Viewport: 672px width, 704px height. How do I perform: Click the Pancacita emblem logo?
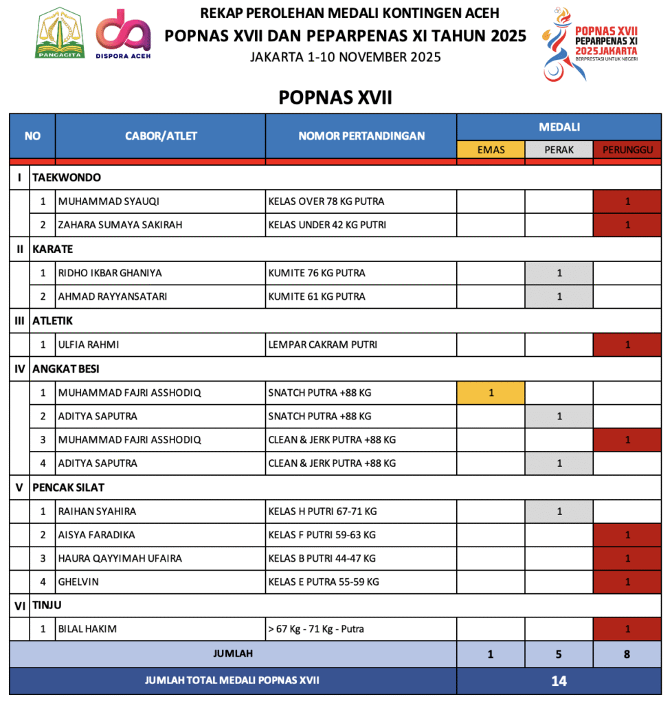[x=60, y=34]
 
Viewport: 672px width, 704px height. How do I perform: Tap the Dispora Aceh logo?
[x=123, y=34]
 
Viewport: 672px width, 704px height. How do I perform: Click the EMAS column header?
[x=491, y=149]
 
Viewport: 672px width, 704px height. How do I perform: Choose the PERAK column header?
[x=559, y=149]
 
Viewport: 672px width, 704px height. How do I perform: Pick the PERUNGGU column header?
[x=627, y=149]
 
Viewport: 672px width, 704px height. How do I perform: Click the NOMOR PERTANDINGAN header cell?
[x=361, y=136]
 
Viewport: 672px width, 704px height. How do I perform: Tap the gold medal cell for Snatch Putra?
[x=491, y=393]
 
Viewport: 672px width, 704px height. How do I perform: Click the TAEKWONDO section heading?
[x=67, y=177]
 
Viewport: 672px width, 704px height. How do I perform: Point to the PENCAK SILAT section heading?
[x=68, y=487]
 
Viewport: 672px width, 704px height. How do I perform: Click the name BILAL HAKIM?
[x=87, y=629]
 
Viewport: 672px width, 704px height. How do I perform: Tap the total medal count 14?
[x=559, y=681]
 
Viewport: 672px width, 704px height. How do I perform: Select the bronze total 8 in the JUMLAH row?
[x=627, y=654]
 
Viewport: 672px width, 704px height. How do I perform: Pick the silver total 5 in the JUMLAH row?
[x=559, y=654]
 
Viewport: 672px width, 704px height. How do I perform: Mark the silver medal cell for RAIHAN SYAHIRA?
[x=559, y=511]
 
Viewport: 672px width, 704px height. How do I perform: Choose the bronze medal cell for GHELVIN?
[x=627, y=582]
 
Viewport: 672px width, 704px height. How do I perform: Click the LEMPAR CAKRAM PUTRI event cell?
[x=322, y=344]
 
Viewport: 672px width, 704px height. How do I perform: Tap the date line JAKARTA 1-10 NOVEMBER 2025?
[x=346, y=57]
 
